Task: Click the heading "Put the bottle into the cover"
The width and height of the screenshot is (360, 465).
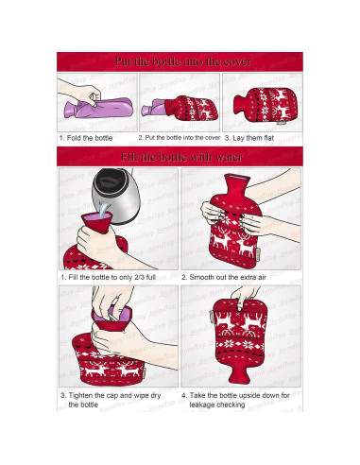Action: pos(180,61)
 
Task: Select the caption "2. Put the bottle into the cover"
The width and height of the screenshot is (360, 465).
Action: pos(180,138)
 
